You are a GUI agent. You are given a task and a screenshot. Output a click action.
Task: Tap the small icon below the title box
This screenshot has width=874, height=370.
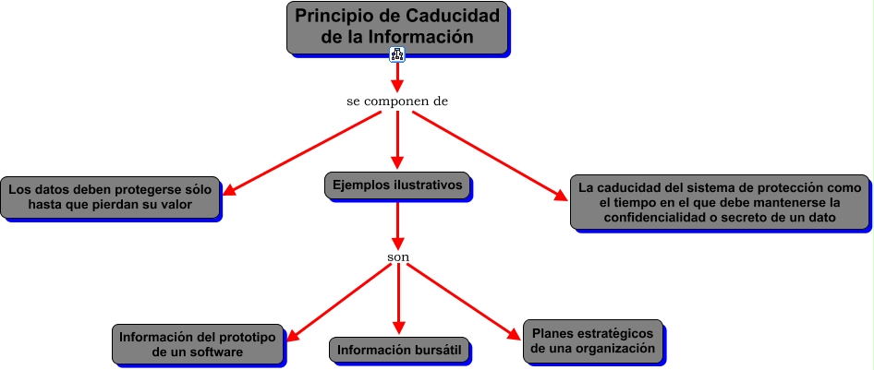[397, 55]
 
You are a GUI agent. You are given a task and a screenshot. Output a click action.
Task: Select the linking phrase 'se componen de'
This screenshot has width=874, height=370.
[397, 101]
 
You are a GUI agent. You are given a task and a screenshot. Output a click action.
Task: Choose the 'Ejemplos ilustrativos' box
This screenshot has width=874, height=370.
[397, 185]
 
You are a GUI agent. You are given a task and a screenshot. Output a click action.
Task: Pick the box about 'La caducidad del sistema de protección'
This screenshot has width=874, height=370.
[720, 201]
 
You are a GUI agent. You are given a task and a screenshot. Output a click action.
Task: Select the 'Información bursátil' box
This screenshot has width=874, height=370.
[398, 350]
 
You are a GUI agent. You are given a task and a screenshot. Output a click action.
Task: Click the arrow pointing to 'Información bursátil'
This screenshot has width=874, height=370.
[398, 299]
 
